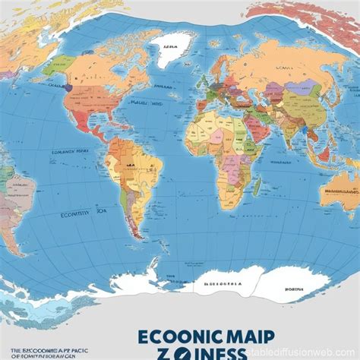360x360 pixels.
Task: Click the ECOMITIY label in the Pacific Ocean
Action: (76, 213)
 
